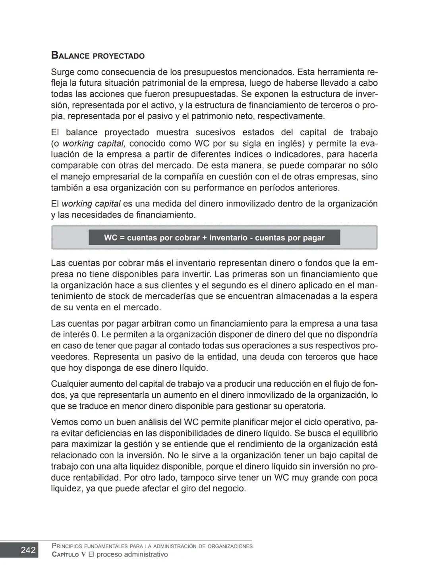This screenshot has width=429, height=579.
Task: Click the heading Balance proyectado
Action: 98,56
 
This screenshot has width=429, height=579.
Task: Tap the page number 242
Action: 28,550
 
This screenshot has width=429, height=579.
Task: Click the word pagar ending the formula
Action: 313,238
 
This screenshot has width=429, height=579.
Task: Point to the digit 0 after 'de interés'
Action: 94,335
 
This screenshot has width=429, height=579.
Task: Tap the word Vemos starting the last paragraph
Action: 64,422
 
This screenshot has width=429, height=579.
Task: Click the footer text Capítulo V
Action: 68,555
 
